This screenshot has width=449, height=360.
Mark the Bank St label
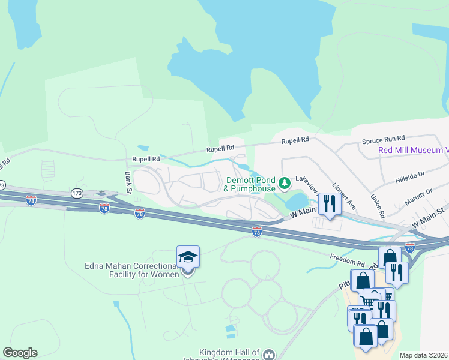pos(127,182)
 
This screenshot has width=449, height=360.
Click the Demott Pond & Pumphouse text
pos(249,184)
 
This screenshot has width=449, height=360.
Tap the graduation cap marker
pos(188,257)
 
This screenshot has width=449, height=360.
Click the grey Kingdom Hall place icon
pos(268,353)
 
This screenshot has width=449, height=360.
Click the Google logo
pos(20,353)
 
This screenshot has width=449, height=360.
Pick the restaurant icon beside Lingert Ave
pos(329,204)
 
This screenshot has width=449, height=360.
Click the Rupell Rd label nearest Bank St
pos(146,160)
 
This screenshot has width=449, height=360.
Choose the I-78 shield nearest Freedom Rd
pos(410,247)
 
